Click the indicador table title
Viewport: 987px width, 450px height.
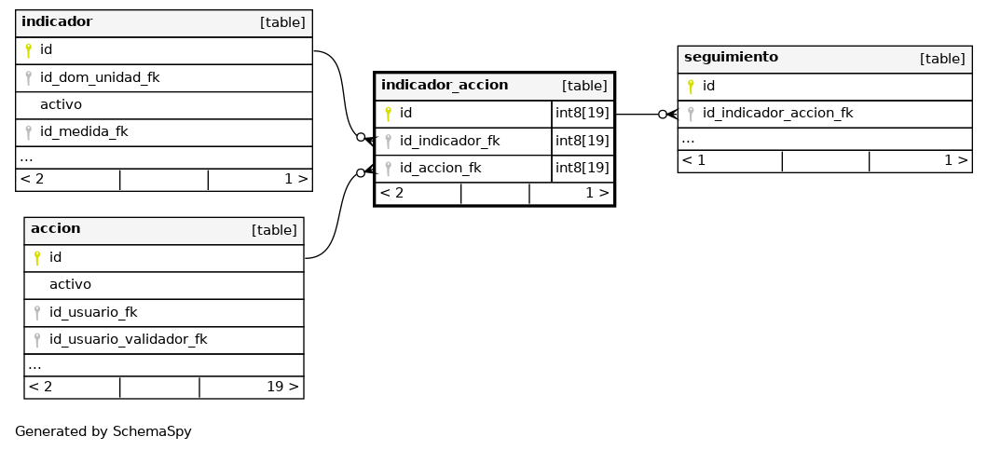(57, 22)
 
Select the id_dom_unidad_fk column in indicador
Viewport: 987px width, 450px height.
(100, 77)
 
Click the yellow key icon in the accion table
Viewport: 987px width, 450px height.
(37, 257)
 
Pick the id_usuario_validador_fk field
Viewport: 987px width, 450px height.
(128, 339)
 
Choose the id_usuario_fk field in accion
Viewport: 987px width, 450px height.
(93, 312)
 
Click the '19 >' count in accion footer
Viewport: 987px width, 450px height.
(282, 387)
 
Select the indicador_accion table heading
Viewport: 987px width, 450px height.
(445, 85)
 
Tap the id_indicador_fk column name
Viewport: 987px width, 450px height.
(449, 141)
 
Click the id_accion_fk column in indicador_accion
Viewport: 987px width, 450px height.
(440, 168)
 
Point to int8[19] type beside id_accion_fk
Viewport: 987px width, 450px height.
(583, 168)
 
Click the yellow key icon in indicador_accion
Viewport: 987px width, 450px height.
(388, 114)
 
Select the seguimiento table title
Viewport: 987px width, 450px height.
(731, 57)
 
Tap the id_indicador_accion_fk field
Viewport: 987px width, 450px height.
(777, 114)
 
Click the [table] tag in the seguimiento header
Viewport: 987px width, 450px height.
(942, 59)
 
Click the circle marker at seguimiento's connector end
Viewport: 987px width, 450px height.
(663, 115)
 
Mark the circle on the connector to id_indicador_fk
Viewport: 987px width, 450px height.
(361, 137)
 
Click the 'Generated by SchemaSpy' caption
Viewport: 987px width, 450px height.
(103, 431)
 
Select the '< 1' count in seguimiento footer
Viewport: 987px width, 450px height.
(693, 160)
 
